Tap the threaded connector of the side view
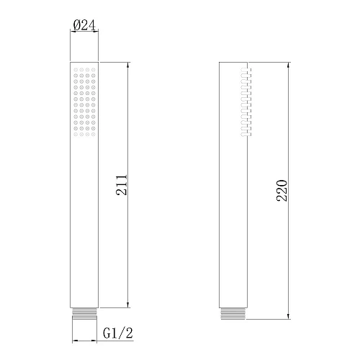(x=233, y=315)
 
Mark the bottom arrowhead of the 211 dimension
(x=128, y=305)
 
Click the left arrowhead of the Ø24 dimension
(x=73, y=31)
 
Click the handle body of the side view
(x=233, y=216)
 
